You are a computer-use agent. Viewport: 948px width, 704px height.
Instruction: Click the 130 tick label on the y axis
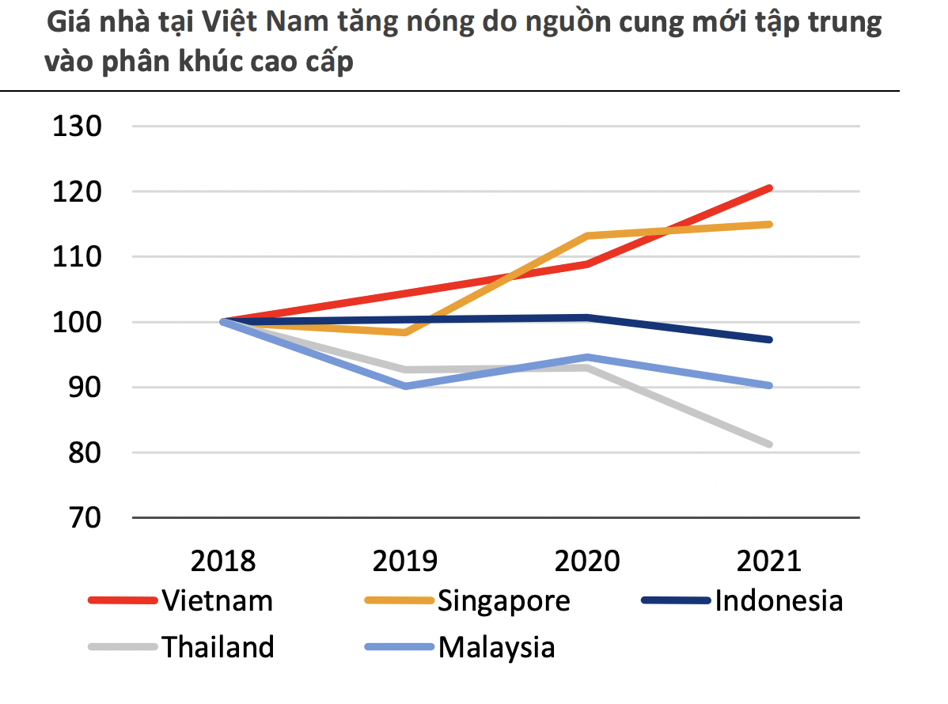[78, 126]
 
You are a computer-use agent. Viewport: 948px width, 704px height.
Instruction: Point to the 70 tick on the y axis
[78, 518]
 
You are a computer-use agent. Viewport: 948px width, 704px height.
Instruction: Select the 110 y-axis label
[78, 257]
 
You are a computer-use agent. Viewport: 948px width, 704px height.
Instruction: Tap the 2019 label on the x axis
[405, 561]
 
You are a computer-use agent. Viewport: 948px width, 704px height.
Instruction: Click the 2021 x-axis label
[769, 561]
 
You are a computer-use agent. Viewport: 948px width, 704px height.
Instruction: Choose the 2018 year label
[224, 561]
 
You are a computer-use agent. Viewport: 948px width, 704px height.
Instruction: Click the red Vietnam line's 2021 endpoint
[769, 188]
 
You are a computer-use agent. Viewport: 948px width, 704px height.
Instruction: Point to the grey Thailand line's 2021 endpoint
[769, 444]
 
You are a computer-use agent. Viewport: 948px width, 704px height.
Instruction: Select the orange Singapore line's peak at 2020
[587, 236]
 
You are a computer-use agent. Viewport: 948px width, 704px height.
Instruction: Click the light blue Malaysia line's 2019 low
[406, 386]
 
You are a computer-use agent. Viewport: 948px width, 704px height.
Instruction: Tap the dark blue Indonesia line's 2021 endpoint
[769, 339]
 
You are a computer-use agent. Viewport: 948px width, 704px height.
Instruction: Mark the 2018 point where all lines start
[224, 321]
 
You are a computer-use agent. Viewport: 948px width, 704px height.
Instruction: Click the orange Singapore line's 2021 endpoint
[769, 225]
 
